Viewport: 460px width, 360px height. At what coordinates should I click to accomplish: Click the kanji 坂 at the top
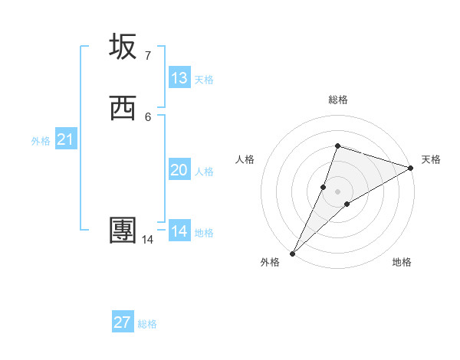(x=123, y=47)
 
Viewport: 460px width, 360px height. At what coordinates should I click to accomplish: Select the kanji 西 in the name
(x=123, y=107)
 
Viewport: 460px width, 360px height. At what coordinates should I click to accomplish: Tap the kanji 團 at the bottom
(x=123, y=230)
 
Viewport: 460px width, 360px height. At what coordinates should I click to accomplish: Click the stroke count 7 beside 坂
(x=148, y=56)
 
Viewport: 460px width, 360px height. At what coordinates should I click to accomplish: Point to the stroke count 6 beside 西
(x=148, y=116)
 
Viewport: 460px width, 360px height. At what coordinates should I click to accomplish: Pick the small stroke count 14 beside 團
(x=147, y=240)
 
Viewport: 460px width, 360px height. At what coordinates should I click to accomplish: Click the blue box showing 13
(x=179, y=78)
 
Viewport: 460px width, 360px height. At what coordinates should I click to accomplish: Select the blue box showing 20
(x=179, y=170)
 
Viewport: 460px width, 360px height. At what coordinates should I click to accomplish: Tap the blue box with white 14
(x=179, y=231)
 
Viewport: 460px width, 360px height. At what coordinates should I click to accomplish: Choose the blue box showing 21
(x=66, y=139)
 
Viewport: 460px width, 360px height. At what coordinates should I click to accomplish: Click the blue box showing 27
(x=123, y=322)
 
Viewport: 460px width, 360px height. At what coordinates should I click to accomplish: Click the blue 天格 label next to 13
(x=204, y=80)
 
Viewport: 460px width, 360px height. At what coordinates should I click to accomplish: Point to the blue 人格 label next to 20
(x=204, y=172)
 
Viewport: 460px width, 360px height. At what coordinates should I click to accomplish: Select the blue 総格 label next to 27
(x=147, y=324)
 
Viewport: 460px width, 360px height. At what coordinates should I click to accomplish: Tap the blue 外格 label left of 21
(x=41, y=141)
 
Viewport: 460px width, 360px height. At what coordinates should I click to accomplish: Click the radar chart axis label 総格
(x=337, y=100)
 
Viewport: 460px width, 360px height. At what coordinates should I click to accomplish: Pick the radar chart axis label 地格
(x=402, y=262)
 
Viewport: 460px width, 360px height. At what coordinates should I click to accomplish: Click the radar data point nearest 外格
(x=292, y=253)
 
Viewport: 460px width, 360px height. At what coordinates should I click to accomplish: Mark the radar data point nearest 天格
(x=411, y=168)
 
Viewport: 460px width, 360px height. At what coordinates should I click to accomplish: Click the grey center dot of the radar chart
(x=337, y=191)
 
